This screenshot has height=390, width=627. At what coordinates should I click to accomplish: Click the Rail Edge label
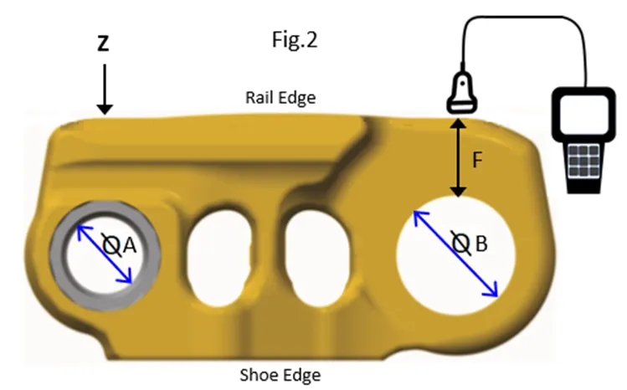click(x=280, y=98)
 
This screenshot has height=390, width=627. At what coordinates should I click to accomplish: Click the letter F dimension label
click(x=478, y=161)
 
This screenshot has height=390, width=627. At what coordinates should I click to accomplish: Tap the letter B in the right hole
click(x=481, y=244)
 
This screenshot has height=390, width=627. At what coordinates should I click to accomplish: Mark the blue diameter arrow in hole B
click(x=456, y=254)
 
